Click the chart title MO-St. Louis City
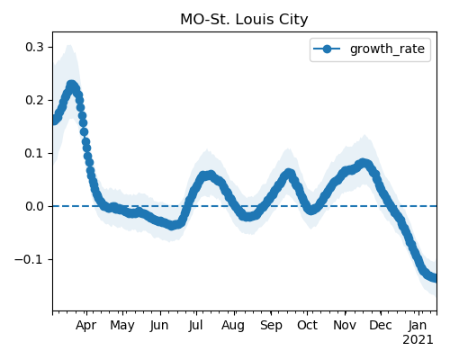[x=244, y=20]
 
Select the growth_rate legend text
[x=387, y=49]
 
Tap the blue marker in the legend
[x=327, y=49]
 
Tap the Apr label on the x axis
[x=86, y=326]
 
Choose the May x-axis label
[x=122, y=326]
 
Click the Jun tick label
[x=159, y=326]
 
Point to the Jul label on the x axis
[x=195, y=326]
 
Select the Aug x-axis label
[x=233, y=326]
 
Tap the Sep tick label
[x=271, y=326]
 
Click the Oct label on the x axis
[x=307, y=326]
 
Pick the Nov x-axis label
[x=345, y=326]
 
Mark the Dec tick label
[x=381, y=326]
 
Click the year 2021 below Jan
[x=418, y=340]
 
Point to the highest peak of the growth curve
[x=71, y=85]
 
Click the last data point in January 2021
[x=434, y=278]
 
